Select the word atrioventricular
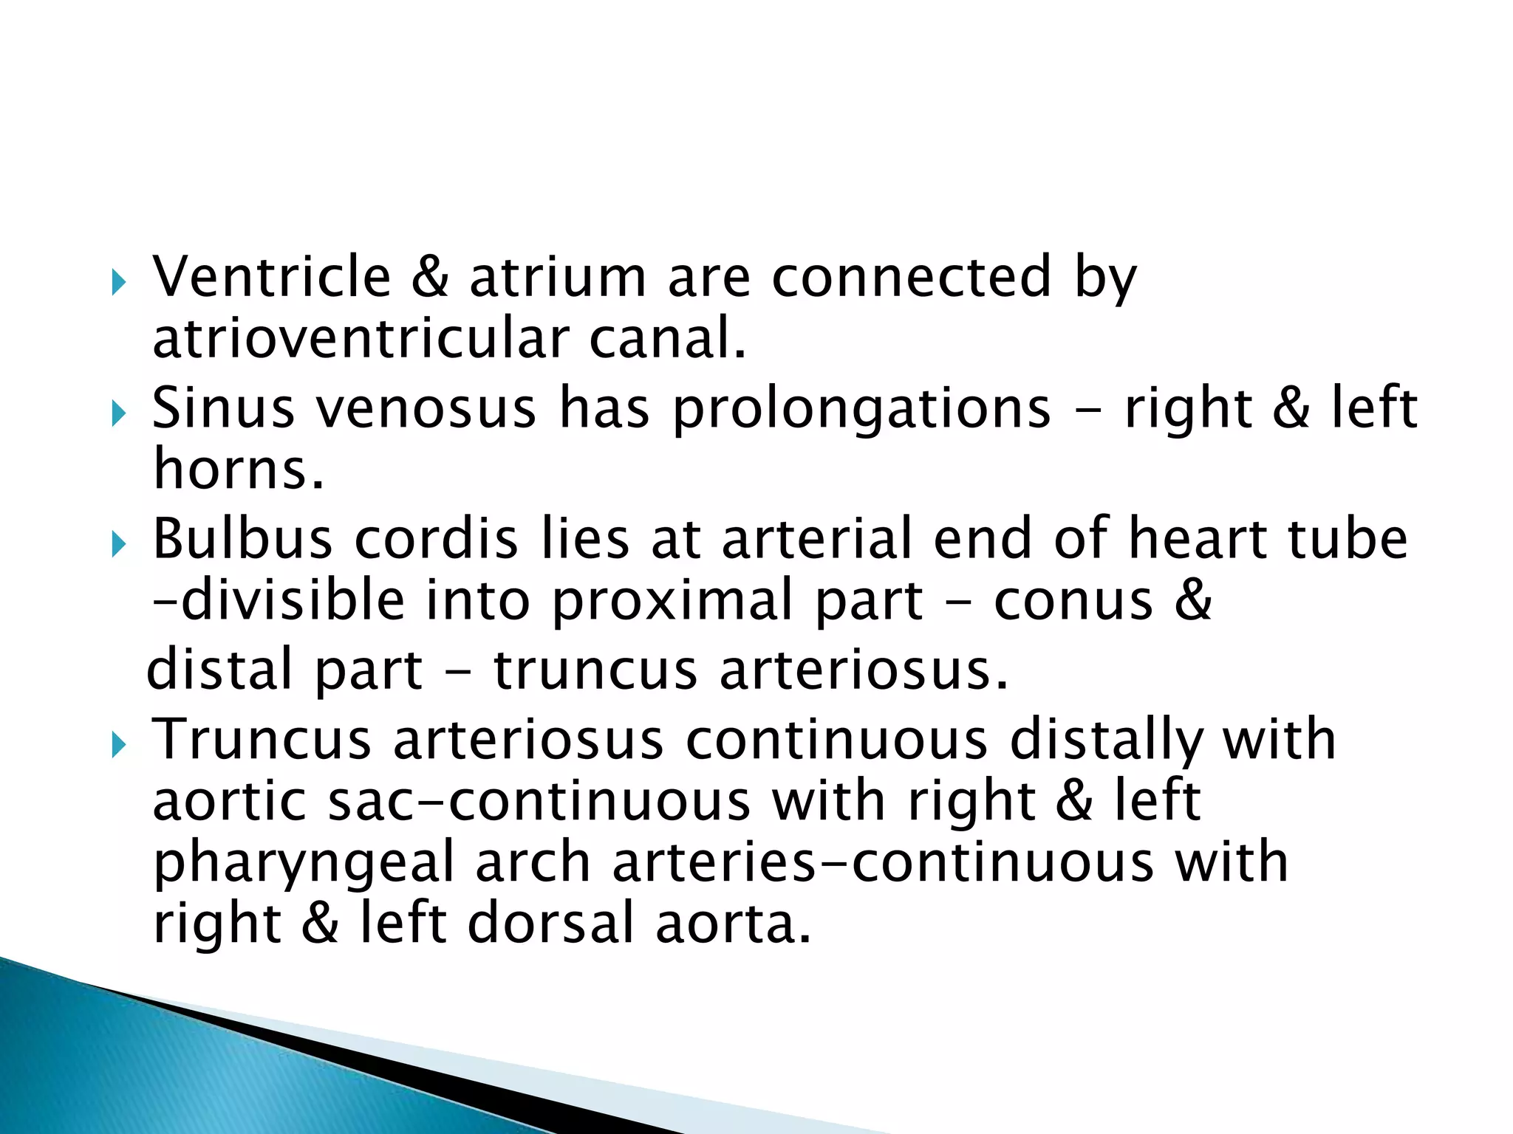pos(360,339)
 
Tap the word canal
pos(667,339)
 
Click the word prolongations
pos(861,409)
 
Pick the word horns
pos(239,470)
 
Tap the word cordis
pos(437,538)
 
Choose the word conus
pos(1073,601)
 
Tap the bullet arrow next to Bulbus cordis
pos(119,545)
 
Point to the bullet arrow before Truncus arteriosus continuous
pos(119,746)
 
